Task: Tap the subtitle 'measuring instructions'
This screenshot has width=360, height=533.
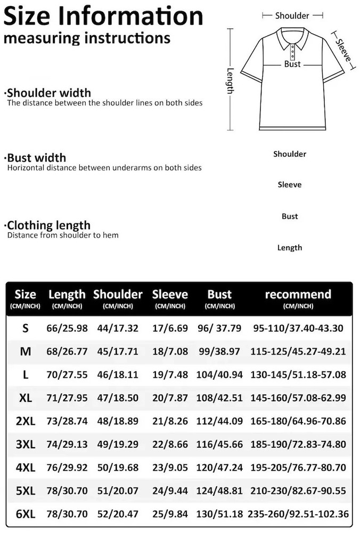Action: coord(87,39)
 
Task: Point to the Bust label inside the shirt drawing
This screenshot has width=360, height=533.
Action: coord(292,64)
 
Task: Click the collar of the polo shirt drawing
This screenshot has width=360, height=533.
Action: coord(292,39)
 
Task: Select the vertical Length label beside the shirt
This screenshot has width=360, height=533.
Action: coord(231,80)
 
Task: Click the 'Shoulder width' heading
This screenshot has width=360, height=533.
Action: coord(49,93)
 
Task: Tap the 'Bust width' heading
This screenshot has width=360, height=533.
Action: coord(37,158)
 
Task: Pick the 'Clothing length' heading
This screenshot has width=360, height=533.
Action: coord(49,225)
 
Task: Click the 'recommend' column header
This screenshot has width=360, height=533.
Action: coord(298,295)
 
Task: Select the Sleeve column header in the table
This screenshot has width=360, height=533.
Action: coord(170,295)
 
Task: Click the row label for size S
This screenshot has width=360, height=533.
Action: coord(26,328)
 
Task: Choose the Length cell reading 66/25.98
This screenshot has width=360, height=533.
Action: coord(67,328)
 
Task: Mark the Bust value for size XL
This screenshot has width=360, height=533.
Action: coord(219,398)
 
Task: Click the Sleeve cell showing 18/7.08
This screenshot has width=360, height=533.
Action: coord(170,352)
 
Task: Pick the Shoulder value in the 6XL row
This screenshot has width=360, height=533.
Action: coord(118,514)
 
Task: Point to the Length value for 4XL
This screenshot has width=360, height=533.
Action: coord(67,467)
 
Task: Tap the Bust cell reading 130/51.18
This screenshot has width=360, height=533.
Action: coord(219,514)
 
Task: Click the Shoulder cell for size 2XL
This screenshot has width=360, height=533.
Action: coord(118,421)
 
